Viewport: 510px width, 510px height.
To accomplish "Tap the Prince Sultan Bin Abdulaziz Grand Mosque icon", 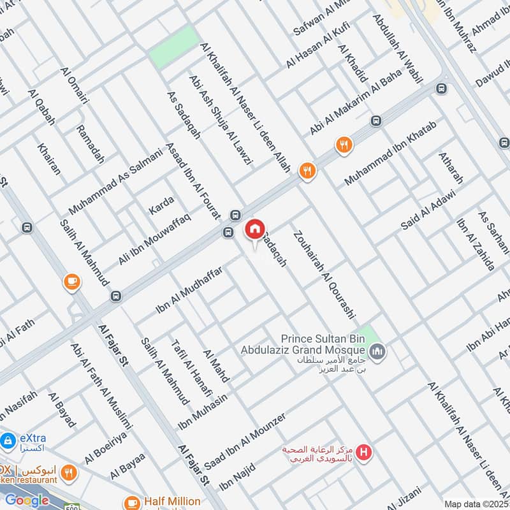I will point(378,351).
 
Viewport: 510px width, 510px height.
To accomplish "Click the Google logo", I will point(27,500).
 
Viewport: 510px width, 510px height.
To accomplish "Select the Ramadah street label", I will point(90,144).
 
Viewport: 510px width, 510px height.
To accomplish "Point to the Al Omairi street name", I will point(74,87).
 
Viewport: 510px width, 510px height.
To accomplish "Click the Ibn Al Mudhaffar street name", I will point(189,291).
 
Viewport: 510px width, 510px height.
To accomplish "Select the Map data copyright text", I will point(476,504).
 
